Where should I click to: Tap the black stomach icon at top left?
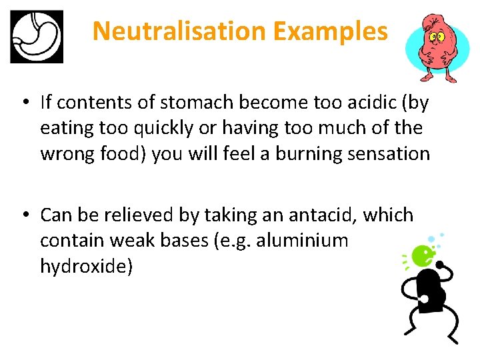pyautogui.click(x=37, y=37)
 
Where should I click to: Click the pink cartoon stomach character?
pyautogui.click(x=437, y=47)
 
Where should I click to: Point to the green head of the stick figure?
pyautogui.click(x=421, y=254)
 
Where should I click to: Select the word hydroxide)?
pyautogui.click(x=87, y=266)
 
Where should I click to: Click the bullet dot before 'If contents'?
pyautogui.click(x=24, y=103)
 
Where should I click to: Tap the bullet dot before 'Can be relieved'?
pyautogui.click(x=24, y=216)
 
